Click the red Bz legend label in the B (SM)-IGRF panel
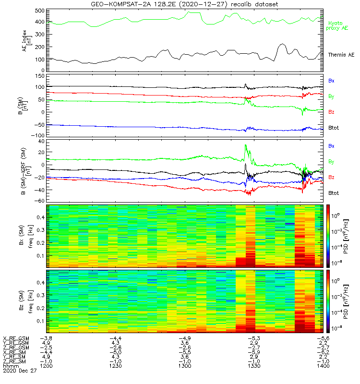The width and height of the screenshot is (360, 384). tap(332, 178)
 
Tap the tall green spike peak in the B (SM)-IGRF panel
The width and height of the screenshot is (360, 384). tap(245, 145)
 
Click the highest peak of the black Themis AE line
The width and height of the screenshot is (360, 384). tap(282, 44)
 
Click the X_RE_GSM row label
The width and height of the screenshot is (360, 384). tap(16, 338)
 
